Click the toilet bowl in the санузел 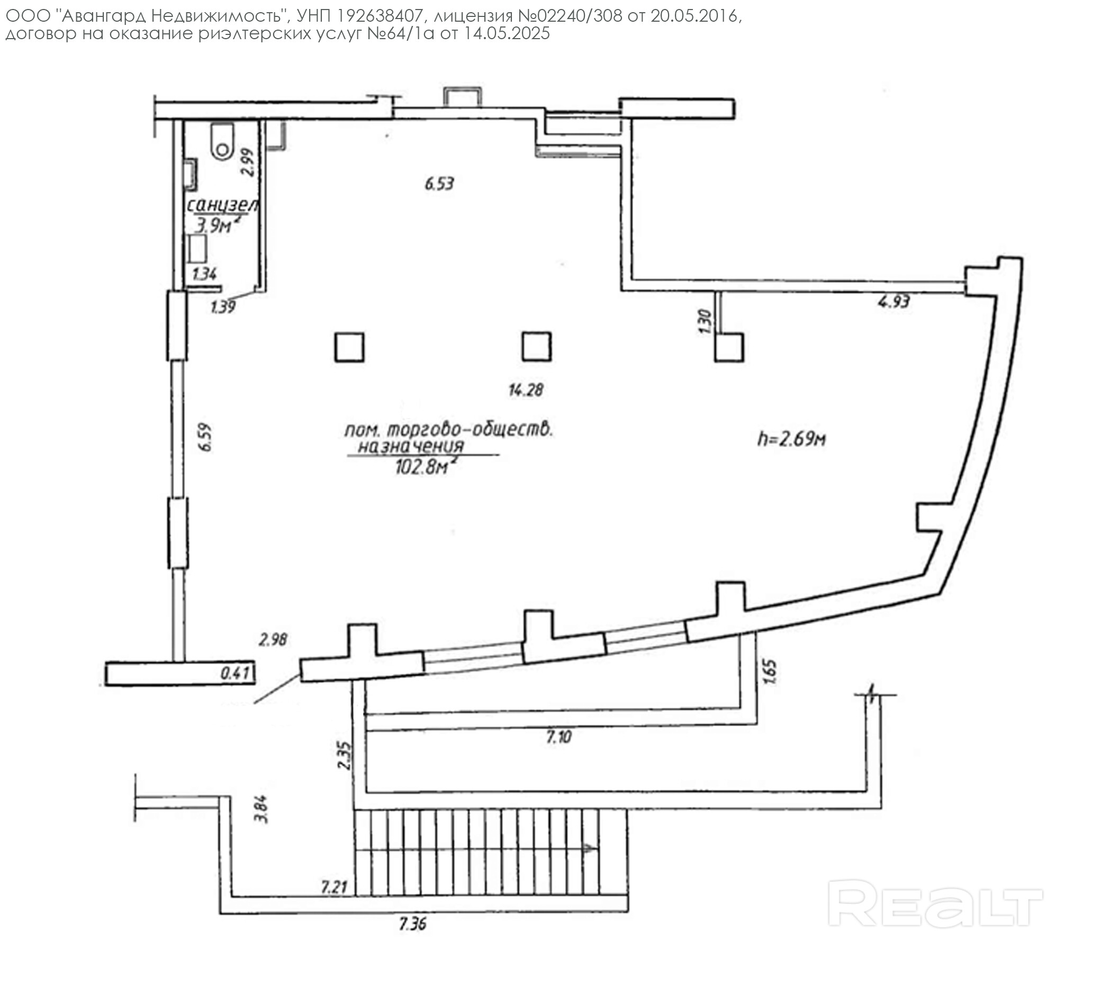coord(222,141)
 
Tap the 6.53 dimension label coord(439,184)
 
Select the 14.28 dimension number coord(526,390)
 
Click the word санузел coord(223,206)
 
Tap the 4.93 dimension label coord(894,302)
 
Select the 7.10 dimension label coord(558,737)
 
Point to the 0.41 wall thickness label coord(235,674)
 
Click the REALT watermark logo coord(935,903)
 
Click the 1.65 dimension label coord(772,672)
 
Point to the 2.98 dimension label coord(273,640)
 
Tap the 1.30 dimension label coord(705,321)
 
